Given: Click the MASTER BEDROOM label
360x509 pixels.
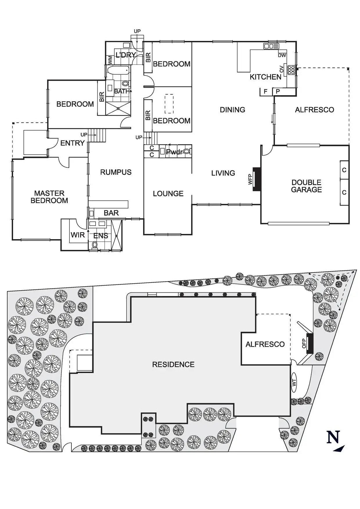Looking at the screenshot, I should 49,197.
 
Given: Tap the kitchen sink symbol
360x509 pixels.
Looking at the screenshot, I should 271,46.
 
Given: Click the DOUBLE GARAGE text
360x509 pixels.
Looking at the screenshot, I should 306,186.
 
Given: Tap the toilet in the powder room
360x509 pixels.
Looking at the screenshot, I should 187,151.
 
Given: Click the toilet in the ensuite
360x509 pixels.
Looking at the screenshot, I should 94,245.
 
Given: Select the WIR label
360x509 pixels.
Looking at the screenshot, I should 78,235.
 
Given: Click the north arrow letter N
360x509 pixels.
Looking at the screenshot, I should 333,437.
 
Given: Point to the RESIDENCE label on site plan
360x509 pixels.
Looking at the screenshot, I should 173,364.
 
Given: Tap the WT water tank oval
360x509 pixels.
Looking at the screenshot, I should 294,382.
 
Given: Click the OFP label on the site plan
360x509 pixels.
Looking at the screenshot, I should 304,343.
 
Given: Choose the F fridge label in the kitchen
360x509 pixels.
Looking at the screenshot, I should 265,92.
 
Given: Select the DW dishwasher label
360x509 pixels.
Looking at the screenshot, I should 282,55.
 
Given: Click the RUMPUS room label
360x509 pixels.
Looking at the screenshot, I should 116,172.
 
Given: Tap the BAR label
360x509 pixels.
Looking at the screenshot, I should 111,213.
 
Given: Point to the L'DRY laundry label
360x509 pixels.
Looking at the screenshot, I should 126,55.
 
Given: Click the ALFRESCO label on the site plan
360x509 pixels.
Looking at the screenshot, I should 265,344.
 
